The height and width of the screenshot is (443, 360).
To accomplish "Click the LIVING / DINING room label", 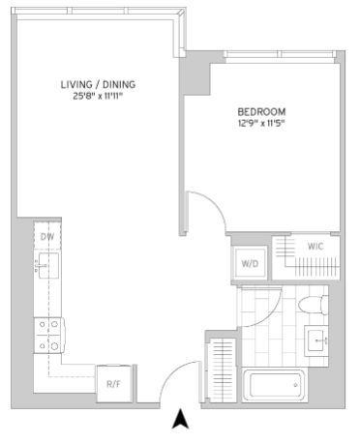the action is [98, 84].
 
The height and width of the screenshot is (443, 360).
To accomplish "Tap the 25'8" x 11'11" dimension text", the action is [98, 96].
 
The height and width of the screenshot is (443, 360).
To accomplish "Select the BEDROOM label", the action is [261, 112].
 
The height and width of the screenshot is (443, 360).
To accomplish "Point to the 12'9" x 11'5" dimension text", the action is [261, 123].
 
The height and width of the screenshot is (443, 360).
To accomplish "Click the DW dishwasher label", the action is [47, 237].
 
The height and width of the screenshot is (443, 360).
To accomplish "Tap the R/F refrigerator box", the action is [114, 384].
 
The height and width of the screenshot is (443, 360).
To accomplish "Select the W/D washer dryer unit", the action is [250, 263].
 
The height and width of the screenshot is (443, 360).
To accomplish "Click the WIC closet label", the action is [315, 247].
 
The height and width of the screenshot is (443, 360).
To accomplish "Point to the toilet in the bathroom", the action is [314, 305].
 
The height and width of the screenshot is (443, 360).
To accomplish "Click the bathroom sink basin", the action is [317, 340].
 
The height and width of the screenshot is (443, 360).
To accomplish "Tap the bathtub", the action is [274, 385].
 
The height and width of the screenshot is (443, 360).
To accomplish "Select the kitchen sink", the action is [48, 266].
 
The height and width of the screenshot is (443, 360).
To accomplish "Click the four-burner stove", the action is [49, 336].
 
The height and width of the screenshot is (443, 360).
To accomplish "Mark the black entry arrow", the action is [180, 419].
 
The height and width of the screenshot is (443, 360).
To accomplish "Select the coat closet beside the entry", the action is [223, 369].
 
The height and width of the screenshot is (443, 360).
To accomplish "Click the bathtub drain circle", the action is [295, 385].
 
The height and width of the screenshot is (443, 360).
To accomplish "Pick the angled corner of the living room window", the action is [182, 14].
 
